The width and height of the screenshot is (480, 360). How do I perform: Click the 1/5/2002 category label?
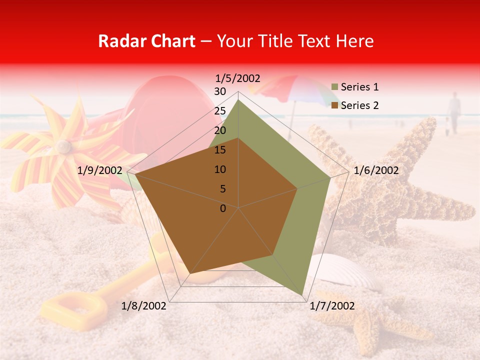pos(238,78)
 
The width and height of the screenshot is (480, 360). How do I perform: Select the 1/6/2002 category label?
pos(376,170)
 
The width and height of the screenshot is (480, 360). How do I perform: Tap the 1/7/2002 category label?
pos(332,306)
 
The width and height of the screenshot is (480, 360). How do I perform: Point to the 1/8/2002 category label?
pos(144,306)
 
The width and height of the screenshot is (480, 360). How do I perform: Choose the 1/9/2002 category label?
pos(100,170)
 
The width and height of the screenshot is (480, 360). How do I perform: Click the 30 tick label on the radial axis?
pos(220,91)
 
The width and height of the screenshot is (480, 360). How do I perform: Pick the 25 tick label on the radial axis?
pos(220,111)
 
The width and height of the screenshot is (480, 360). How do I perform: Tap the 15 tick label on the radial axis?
pos(220,150)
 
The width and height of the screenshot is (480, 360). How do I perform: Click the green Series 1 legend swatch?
pos(334,87)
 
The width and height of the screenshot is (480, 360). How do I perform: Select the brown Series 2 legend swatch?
pos(334,105)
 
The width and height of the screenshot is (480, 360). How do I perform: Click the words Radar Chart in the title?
pos(146,41)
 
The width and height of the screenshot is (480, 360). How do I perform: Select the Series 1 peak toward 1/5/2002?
pos(238,100)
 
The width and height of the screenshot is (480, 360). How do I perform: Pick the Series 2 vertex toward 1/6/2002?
pos(297,188)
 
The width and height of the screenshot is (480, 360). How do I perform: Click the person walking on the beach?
pos(454,112)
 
